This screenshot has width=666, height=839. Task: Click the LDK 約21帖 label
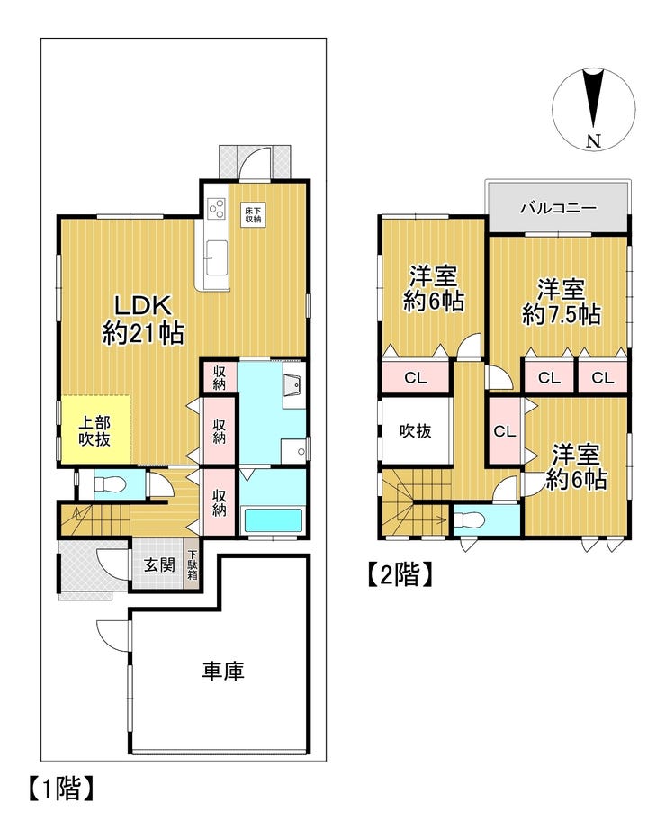pos(143,320)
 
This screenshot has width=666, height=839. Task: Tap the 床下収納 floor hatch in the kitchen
pos(253,214)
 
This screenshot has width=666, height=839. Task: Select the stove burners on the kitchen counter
pos(216,208)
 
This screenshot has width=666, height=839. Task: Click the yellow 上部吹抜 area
pos(95,429)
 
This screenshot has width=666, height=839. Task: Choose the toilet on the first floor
pos(109,485)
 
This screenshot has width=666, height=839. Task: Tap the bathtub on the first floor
pos(273,520)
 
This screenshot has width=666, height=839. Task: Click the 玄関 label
pos(159,564)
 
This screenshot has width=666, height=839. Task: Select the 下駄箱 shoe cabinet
pos(193,566)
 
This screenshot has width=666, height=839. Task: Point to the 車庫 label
pos(223,671)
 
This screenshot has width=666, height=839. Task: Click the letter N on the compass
pos(594,141)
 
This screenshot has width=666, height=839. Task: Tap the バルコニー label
pos(558,207)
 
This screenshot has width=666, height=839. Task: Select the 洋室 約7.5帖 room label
pos(562,302)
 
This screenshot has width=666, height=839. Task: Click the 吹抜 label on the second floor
pos(416,430)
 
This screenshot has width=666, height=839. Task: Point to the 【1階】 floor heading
pos(61,789)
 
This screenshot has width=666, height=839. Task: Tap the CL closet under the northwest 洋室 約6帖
pos(416,377)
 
